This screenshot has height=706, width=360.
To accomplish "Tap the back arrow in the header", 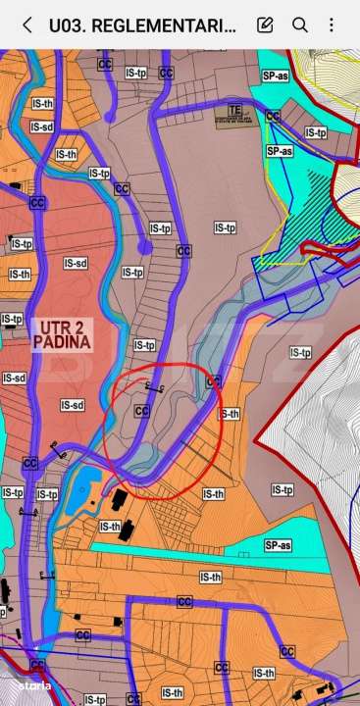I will pyautogui.click(x=26, y=25).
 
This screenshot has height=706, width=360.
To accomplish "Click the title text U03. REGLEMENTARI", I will pyautogui.click(x=142, y=25).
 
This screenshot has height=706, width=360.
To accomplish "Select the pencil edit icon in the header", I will pyautogui.click(x=265, y=25).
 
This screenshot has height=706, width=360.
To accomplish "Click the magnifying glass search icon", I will pyautogui.click(x=300, y=25).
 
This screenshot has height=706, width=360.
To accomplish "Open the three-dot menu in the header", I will pyautogui.click(x=332, y=25).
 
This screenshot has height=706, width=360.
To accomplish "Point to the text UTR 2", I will pyautogui.click(x=61, y=328).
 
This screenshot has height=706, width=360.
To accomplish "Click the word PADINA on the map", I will pyautogui.click(x=61, y=343).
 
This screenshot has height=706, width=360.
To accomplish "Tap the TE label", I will pyautogui.click(x=234, y=109).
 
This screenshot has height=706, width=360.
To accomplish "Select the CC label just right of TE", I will pyautogui.click(x=273, y=117).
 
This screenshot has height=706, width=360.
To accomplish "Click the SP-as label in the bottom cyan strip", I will pyautogui.click(x=278, y=545).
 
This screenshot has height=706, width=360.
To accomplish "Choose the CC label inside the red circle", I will pyautogui.click(x=141, y=412).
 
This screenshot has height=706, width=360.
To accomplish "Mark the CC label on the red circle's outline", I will pyautogui.click(x=214, y=381).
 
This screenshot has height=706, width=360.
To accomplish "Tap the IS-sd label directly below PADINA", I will pyautogui.click(x=72, y=404).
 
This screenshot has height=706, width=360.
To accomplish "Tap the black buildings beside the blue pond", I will pyautogui.click(x=120, y=500).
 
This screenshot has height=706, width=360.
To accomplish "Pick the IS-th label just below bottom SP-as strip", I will pyautogui.click(x=210, y=578).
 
